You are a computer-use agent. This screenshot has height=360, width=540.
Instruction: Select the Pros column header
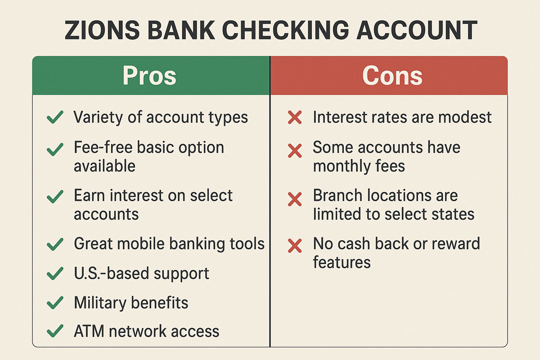click(x=149, y=76)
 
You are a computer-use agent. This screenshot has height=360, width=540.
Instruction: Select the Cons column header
click(x=392, y=76)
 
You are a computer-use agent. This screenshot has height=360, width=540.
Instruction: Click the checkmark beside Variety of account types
click(x=55, y=118)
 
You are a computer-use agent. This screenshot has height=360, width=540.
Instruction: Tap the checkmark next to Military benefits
click(x=55, y=303)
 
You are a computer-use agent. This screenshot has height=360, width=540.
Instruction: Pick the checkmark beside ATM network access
click(x=55, y=332)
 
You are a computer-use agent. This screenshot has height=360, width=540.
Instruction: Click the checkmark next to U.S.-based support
click(x=55, y=273)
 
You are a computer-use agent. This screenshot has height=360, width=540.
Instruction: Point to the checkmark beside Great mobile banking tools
click(x=55, y=244)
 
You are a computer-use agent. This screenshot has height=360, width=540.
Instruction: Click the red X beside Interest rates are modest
click(x=295, y=118)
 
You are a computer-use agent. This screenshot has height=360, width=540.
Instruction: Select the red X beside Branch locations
click(x=295, y=198)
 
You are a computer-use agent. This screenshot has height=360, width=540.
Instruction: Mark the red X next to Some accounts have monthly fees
click(x=295, y=150)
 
